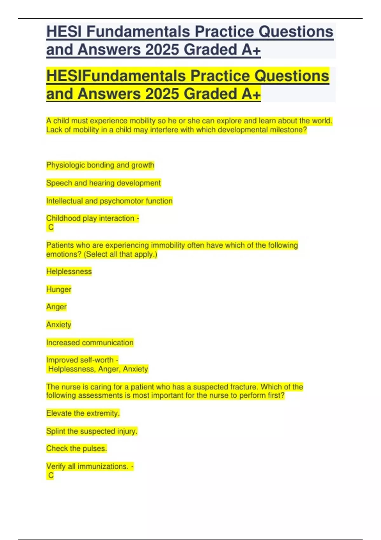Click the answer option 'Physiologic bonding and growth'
100,165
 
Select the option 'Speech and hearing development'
104,183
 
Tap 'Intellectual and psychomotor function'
109,201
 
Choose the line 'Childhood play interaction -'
92,218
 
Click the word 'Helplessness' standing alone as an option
69,272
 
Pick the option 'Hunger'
59,289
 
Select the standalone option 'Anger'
57,307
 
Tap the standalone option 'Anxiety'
59,325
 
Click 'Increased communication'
90,342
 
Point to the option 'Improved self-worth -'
82,360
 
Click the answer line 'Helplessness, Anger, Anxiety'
98,369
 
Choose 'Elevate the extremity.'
83,413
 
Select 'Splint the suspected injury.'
92,431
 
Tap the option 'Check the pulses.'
77,449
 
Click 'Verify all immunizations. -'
90,466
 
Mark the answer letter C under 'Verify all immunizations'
51,475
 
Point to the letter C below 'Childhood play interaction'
51,227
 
